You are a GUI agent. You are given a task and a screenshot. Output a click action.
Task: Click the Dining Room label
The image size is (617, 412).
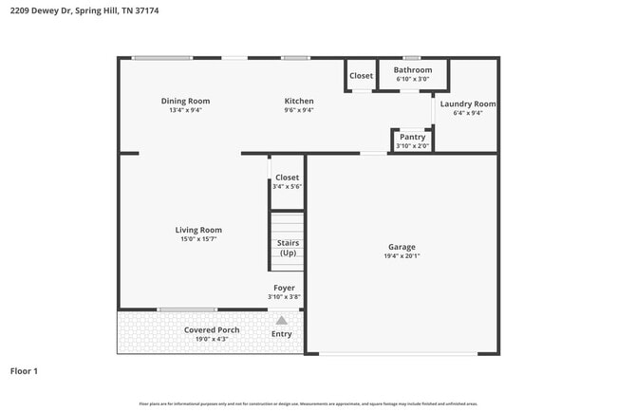pos(185,101)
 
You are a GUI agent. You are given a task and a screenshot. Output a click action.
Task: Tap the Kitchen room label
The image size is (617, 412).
pos(299,101)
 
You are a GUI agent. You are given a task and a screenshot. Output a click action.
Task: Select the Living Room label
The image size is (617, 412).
pos(198,230)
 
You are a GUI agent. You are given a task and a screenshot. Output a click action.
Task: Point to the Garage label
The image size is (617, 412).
pos(402,247)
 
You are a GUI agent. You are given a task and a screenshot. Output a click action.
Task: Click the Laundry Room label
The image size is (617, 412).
pos(468,103)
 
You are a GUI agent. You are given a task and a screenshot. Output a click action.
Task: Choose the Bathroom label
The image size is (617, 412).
pos(413,69)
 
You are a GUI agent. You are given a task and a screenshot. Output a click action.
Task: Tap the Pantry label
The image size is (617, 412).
pos(412,137)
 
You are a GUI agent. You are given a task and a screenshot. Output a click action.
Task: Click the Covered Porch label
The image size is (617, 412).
pos(212,329)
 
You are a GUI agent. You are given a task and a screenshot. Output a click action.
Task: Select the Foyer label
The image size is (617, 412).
pos(284,288)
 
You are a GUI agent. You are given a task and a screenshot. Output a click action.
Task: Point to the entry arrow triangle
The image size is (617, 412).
pos(282,321)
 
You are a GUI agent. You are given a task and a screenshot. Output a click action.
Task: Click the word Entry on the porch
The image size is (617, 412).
pos(282,334)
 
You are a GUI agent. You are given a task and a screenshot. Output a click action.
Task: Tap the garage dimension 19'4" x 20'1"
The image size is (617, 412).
pos(402,256)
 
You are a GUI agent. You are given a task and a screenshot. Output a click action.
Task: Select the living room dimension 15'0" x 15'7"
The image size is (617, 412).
pos(198,239)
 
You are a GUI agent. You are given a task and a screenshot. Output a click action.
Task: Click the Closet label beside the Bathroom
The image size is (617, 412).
pos(361,76)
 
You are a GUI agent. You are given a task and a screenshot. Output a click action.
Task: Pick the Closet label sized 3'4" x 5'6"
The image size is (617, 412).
pos(287,178)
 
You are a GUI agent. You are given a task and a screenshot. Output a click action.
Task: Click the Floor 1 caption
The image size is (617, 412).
pos(24,370)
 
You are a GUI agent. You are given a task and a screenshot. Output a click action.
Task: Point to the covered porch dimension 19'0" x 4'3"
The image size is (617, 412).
pos(212,339)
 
